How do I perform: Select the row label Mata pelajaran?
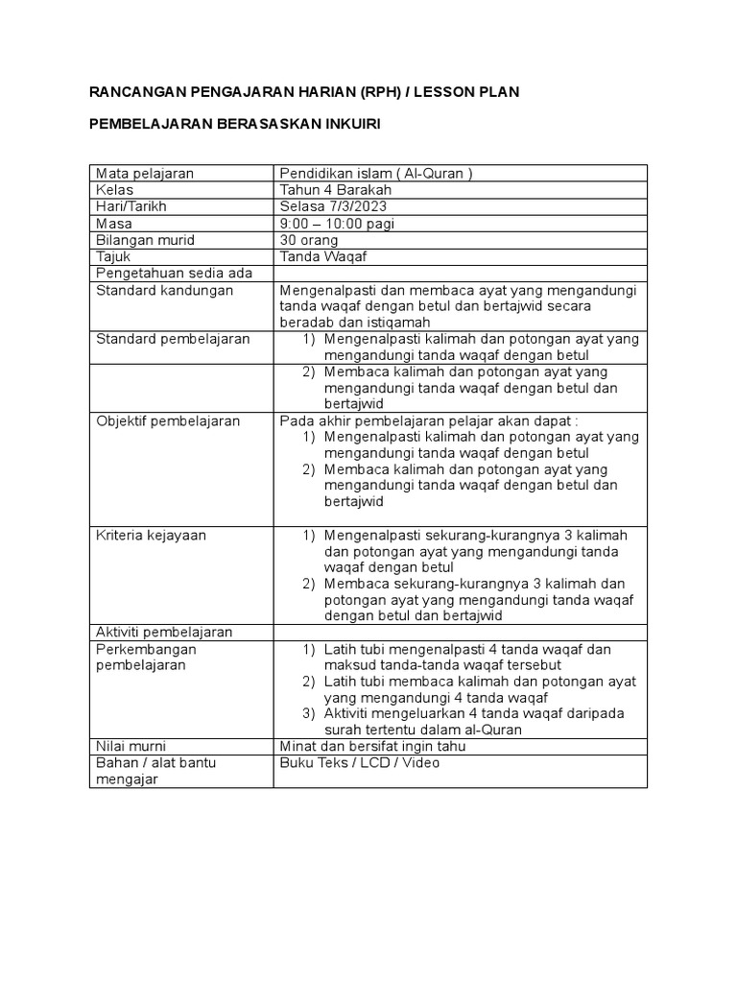click(144, 174)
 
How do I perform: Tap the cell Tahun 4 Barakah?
click(335, 190)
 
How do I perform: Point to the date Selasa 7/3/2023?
click(335, 207)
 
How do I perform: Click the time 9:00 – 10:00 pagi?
click(337, 224)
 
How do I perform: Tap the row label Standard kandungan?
click(164, 290)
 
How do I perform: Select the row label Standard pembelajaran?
click(173, 339)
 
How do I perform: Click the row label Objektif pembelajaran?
click(168, 420)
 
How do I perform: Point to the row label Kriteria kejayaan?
click(151, 535)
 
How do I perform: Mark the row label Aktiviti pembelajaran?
click(165, 632)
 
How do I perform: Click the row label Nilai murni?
click(132, 745)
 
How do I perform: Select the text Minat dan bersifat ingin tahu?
click(371, 745)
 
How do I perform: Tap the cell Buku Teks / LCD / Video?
click(360, 762)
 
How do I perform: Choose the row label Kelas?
click(115, 190)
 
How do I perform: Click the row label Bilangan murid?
click(146, 240)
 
